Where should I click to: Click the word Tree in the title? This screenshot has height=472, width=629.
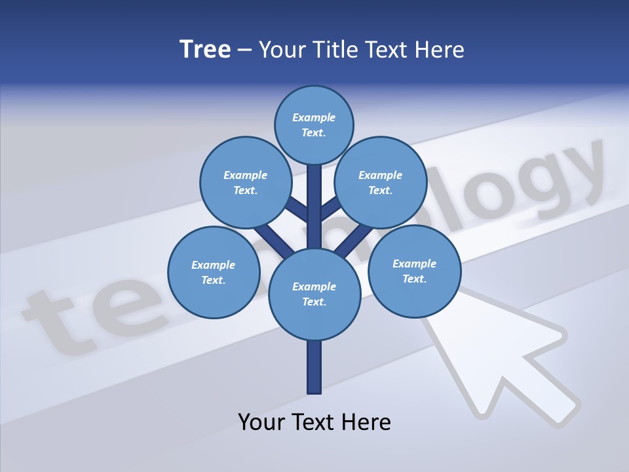point(205,50)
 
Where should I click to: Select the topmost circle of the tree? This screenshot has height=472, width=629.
point(314,125)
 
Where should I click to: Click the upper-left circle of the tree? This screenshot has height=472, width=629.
point(245,182)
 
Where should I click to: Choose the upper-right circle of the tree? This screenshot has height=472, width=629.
point(381,182)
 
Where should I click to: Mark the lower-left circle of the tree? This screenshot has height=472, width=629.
point(214,272)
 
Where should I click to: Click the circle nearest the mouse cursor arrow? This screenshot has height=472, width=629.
point(414,271)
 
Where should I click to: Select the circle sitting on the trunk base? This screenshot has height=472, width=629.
point(314,294)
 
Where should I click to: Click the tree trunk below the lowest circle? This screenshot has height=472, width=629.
point(314,367)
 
